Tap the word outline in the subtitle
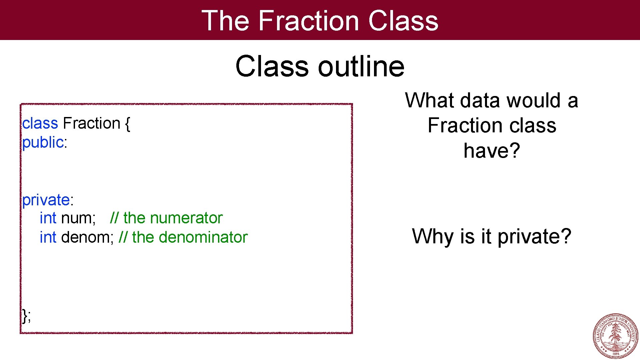[x=361, y=66]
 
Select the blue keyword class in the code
[x=40, y=123]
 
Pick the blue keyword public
[x=43, y=143]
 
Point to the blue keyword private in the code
[x=46, y=200]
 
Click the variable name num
[x=77, y=218]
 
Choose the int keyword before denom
[x=48, y=238]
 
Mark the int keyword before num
[x=48, y=218]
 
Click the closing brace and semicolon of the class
[x=27, y=316]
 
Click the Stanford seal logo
[x=615, y=336]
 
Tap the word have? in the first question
[x=492, y=151]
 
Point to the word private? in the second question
[x=534, y=237]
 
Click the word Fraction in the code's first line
[x=91, y=123]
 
